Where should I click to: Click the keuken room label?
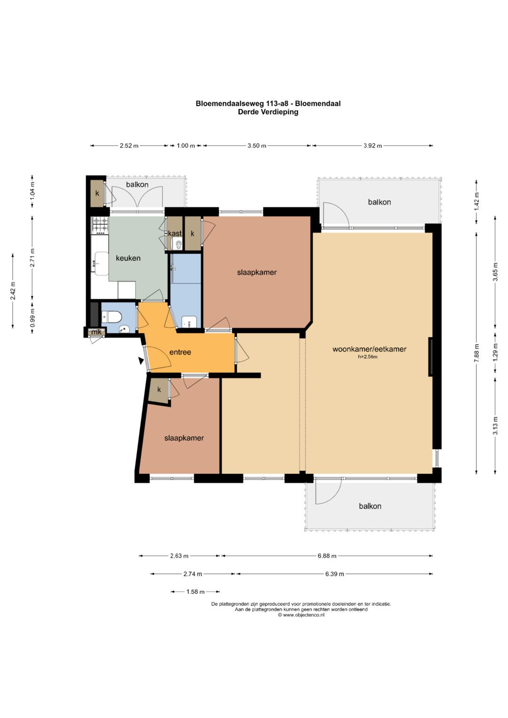pyautogui.click(x=128, y=258)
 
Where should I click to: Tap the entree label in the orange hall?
pyautogui.click(x=180, y=352)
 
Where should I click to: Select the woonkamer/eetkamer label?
pyautogui.click(x=369, y=349)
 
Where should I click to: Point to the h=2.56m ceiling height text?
pyautogui.click(x=367, y=356)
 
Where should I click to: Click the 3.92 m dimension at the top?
pyautogui.click(x=373, y=145)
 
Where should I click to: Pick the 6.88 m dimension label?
pyautogui.click(x=327, y=556)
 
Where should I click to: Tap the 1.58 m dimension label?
pyautogui.click(x=195, y=592)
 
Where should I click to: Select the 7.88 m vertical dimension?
pyautogui.click(x=476, y=353)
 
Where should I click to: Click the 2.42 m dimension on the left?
pyautogui.click(x=13, y=291)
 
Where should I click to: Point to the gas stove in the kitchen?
pyautogui.click(x=100, y=225)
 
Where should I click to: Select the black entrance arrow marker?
pyautogui.click(x=141, y=361)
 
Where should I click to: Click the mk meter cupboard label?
pyautogui.click(x=96, y=332)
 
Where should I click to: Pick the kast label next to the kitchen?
pyautogui.click(x=175, y=233)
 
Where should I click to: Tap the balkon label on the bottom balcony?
pyautogui.click(x=370, y=506)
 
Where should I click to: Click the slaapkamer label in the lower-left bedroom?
pyautogui.click(x=184, y=438)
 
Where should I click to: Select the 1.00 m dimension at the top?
pyautogui.click(x=186, y=145)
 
